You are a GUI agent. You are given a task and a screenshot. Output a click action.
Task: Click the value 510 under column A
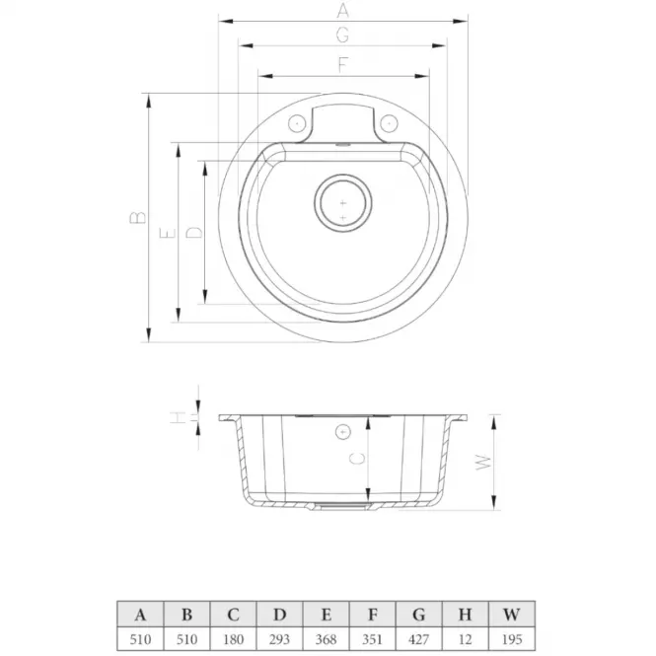tap(140, 639)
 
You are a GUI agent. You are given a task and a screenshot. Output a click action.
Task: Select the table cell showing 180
tap(233, 639)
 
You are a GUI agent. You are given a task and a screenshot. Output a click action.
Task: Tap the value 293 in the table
tap(279, 639)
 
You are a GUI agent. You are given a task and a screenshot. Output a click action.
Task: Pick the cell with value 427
tap(419, 639)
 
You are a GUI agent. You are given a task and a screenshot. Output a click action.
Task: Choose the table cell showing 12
tap(466, 639)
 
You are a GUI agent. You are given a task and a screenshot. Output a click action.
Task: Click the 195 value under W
tap(512, 639)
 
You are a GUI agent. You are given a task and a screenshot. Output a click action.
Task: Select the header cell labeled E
tap(326, 615)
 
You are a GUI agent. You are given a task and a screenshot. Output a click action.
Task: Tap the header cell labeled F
tap(372, 615)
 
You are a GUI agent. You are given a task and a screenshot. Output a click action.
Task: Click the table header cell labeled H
tap(466, 615)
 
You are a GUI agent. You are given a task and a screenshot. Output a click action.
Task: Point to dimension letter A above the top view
tap(342, 10)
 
